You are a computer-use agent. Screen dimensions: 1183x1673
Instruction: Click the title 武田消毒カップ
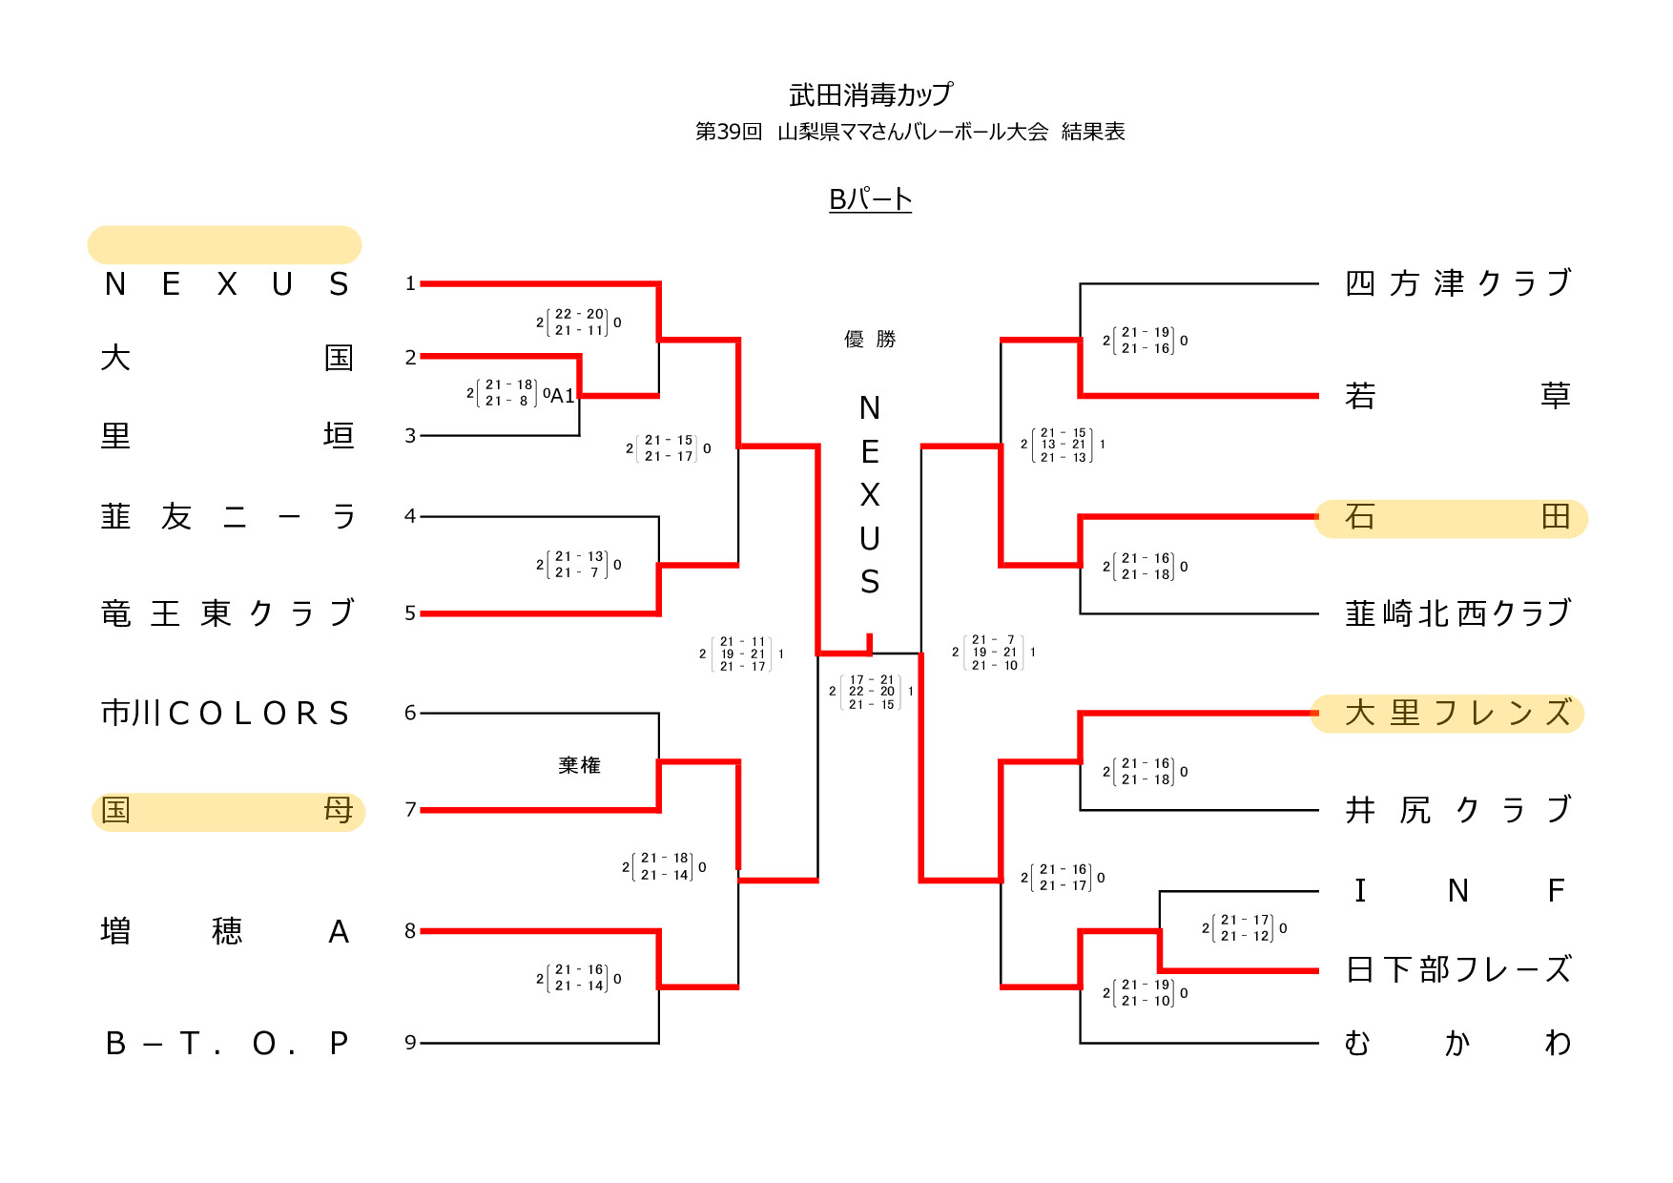(x=870, y=94)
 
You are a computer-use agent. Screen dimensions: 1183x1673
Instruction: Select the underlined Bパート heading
(x=870, y=199)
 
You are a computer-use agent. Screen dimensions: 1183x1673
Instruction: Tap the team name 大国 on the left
(x=226, y=358)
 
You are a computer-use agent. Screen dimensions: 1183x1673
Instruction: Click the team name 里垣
(x=226, y=436)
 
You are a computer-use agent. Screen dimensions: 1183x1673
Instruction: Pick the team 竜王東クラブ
(x=226, y=612)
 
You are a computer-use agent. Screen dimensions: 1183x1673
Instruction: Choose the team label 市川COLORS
(x=226, y=713)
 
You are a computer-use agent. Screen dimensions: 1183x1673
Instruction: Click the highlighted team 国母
(x=227, y=811)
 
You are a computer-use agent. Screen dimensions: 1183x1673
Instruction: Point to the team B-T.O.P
(x=226, y=1043)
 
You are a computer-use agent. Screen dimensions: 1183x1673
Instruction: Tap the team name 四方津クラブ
(x=1456, y=283)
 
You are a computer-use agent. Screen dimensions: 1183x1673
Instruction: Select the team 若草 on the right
(x=1456, y=395)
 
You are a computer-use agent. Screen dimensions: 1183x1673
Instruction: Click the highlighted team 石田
(x=1452, y=517)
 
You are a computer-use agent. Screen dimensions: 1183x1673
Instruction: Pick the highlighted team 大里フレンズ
(x=1449, y=713)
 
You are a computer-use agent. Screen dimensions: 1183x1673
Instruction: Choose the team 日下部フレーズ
(x=1456, y=970)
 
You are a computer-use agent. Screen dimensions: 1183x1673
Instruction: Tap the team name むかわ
(x=1456, y=1043)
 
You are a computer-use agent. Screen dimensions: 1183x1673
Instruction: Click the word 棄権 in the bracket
(x=579, y=765)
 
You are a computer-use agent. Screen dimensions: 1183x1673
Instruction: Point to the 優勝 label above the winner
(x=870, y=340)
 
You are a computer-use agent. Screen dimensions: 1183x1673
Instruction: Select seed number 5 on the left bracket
(x=410, y=613)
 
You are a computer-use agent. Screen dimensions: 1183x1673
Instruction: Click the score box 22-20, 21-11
(x=579, y=322)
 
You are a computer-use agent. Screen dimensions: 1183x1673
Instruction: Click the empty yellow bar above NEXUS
(x=224, y=245)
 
